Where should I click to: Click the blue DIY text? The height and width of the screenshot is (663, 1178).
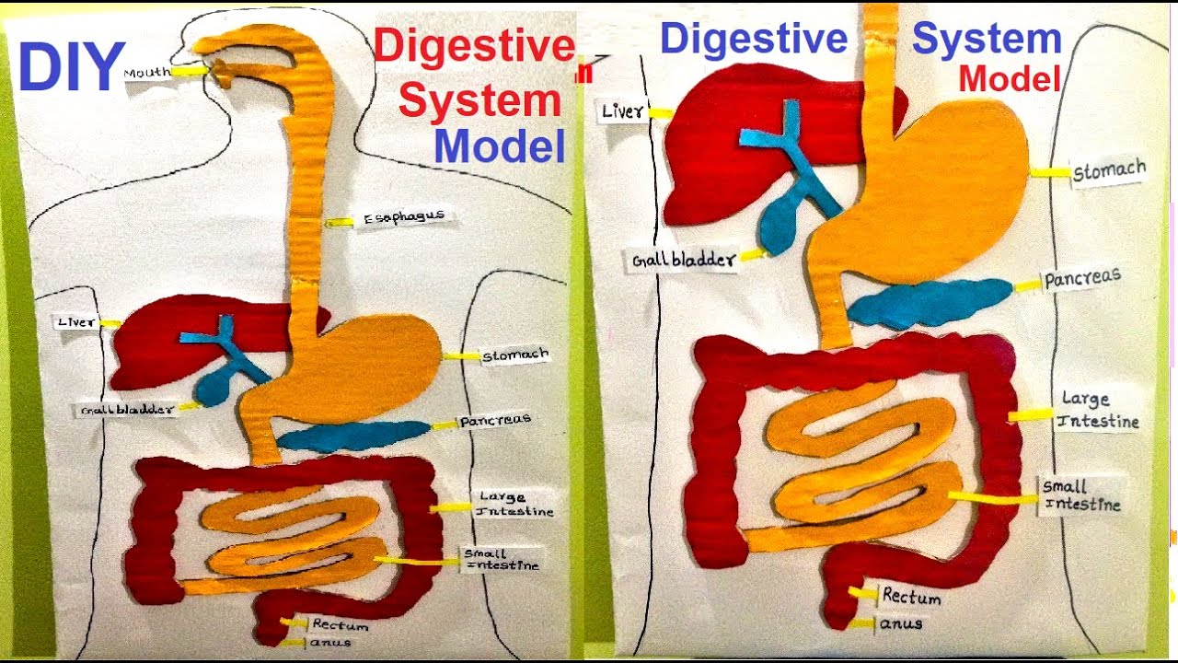tap(71, 69)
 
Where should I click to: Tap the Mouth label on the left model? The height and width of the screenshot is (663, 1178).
tap(146, 72)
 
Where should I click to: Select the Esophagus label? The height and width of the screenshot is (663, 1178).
tap(404, 218)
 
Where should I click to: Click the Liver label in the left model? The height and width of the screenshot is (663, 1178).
tap(76, 322)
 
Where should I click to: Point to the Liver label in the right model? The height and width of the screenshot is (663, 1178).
tap(623, 112)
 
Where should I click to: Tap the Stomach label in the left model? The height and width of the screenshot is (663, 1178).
tap(515, 355)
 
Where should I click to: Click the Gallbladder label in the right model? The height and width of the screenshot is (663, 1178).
tap(684, 260)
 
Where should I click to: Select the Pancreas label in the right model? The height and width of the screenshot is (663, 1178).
tap(1082, 279)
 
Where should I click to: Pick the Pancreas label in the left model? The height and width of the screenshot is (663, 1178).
tap(495, 421)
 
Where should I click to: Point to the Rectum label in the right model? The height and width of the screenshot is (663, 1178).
tap(911, 597)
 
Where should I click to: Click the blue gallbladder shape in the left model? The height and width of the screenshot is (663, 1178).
tap(214, 385)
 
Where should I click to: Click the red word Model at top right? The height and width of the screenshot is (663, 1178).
tap(1009, 80)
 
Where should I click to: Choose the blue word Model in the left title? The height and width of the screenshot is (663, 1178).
tap(500, 146)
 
